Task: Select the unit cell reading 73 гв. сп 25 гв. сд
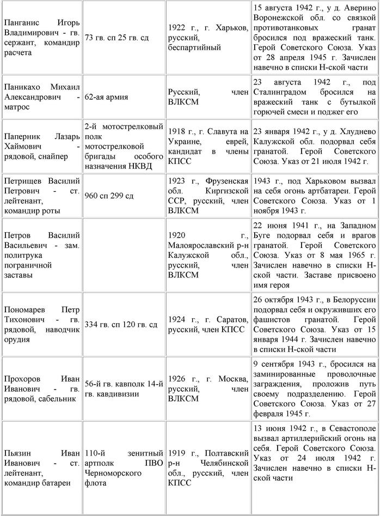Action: pos(117,38)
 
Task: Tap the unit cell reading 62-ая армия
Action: pos(107,97)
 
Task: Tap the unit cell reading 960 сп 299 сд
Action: pos(109,196)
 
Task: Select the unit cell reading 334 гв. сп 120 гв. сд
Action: pos(121,325)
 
